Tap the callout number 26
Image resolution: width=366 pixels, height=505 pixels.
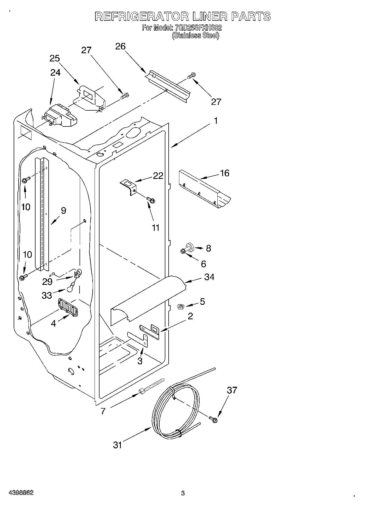[x=120, y=46]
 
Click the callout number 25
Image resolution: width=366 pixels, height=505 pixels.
[x=55, y=58]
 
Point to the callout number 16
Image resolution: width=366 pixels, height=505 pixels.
[x=225, y=173]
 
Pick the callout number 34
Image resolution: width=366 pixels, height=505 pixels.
[x=209, y=277]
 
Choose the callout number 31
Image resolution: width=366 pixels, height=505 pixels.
[x=117, y=445]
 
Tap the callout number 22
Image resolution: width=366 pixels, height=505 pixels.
[x=158, y=175]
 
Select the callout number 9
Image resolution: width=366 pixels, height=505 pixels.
[x=63, y=211]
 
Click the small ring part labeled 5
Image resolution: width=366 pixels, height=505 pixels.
[x=180, y=307]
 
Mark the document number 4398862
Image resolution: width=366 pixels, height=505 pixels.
[x=21, y=493]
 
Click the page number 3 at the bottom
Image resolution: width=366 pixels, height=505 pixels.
[x=183, y=493]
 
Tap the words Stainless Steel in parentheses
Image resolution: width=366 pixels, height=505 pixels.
[x=195, y=36]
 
